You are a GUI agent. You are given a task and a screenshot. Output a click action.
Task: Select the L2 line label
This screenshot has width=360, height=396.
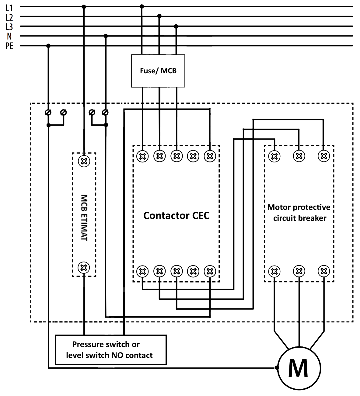coord(9,17)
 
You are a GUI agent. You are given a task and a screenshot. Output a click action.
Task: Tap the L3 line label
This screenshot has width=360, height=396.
coord(9,27)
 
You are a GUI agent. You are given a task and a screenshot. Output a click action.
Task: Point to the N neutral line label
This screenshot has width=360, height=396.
coord(9,36)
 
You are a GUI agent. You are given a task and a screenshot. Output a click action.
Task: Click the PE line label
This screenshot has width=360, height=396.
coord(9,46)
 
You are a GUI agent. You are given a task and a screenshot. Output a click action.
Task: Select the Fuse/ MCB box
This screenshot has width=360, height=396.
coord(158,71)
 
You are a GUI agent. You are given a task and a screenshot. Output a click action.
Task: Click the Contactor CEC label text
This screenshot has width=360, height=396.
coord(176,215)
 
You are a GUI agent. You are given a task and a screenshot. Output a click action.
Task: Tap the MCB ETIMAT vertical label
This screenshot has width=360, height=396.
coord(84,218)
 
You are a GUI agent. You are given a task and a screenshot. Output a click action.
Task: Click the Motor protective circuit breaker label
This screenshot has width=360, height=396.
coord(299,213)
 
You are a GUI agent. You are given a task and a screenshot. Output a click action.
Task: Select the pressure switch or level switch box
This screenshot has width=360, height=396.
coord(111,350)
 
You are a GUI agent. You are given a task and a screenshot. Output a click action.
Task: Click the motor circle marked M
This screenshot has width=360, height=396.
coord(298,368)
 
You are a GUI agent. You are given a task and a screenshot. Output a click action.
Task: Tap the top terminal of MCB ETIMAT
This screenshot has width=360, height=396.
coord(84,161)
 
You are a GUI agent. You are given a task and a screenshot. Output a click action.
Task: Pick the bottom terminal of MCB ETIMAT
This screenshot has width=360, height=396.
coord(84,268)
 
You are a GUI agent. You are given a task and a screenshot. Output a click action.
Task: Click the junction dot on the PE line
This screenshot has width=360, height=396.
coord(48,46)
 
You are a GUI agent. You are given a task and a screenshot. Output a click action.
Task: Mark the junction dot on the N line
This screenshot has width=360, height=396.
coord(106,36)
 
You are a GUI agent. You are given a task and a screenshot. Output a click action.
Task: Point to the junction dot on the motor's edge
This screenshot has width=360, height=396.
coord(277,368)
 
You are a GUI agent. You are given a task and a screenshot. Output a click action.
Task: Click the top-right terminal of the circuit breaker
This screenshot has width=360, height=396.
coord(323,156)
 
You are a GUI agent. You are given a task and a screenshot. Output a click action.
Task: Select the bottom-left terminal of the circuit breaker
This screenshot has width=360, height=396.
coord(274,271)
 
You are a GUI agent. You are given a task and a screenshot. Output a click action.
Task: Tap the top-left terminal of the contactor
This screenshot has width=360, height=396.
coord(142,156)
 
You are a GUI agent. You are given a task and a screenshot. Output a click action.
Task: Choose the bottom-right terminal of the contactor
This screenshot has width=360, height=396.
coord(210,271)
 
